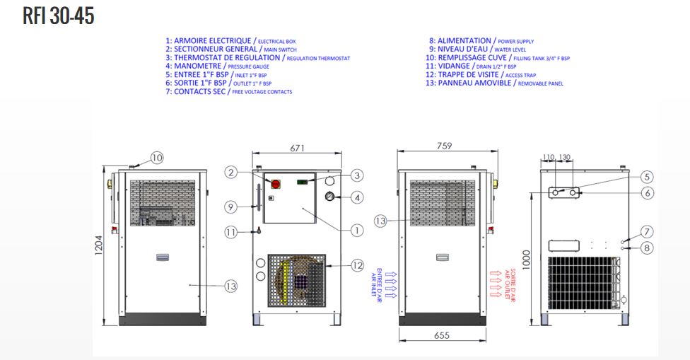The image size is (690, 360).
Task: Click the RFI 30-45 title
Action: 58,16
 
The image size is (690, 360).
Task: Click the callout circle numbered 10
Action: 156,158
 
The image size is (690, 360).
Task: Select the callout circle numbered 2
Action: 230,172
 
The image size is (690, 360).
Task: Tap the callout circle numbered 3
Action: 357,175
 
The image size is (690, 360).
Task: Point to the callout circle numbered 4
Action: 357,197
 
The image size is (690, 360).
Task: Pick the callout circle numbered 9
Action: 230,207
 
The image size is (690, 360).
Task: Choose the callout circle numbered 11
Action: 230,231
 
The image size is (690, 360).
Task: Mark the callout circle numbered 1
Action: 357,230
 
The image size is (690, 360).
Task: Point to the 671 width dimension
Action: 296,149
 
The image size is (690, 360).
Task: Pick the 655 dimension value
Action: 442,336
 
